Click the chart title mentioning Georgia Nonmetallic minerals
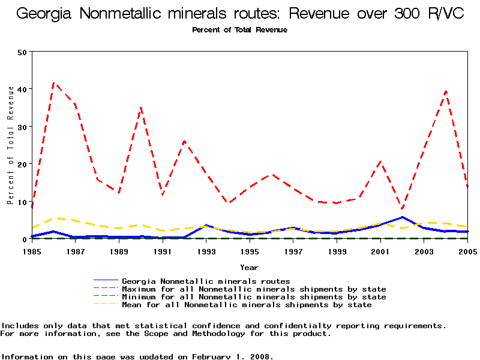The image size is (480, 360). click(240, 14)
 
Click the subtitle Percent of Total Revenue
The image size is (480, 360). click(239, 30)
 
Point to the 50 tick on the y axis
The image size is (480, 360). click(23, 52)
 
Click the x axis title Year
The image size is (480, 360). click(249, 267)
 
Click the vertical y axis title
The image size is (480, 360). click(11, 145)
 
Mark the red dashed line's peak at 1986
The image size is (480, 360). click(54, 83)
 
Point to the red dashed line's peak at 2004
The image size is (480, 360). click(446, 91)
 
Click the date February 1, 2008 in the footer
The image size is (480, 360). click(232, 356)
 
